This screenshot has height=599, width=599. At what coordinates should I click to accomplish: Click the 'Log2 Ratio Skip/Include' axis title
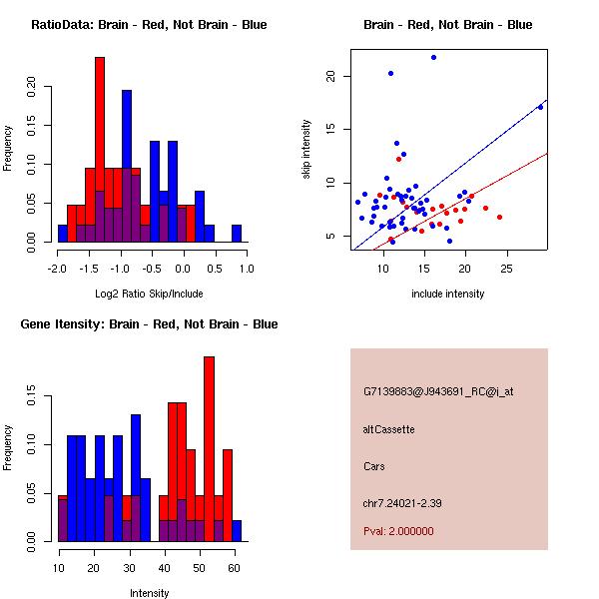[148, 295]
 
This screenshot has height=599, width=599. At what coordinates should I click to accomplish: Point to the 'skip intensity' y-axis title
[307, 150]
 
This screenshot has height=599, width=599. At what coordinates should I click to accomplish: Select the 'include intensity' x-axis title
[448, 295]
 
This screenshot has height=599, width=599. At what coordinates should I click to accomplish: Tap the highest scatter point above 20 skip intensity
[433, 57]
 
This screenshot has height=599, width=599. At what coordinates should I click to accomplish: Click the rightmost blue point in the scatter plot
[540, 107]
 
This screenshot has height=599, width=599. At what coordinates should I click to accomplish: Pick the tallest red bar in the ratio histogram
[100, 150]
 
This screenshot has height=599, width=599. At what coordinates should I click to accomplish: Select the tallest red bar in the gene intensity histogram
[209, 449]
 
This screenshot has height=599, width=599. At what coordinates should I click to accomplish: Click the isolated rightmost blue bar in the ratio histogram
[237, 234]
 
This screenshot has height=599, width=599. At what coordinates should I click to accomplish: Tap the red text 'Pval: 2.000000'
[398, 531]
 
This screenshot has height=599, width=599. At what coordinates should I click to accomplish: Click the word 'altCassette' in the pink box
[388, 429]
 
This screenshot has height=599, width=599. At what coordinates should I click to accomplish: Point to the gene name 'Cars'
[374, 466]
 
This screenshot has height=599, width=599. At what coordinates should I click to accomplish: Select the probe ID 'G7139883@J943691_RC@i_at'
[438, 392]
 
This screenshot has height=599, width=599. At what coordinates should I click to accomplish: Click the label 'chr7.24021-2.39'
[402, 502]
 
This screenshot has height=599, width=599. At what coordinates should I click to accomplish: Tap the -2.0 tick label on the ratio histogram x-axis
[58, 268]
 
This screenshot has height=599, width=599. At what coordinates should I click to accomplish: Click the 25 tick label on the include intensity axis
[506, 268]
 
